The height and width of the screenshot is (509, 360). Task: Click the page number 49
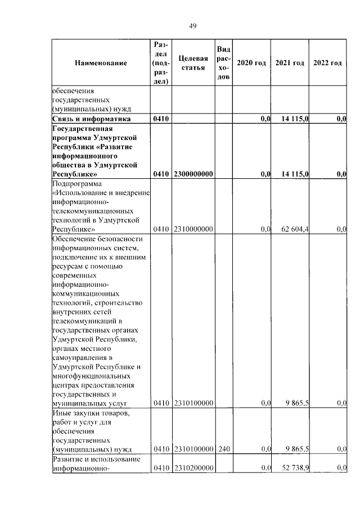(192, 26)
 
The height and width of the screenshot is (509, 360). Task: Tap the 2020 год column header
(251, 63)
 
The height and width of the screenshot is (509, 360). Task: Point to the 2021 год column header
(290, 63)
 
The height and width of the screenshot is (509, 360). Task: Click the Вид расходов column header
(223, 63)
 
